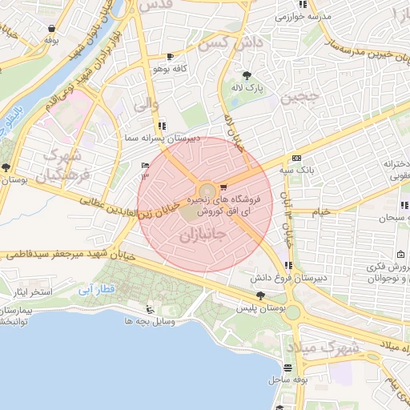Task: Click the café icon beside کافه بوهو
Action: click(170, 57)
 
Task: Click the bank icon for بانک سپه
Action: click(296, 158)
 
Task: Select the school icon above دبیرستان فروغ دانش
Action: click(287, 266)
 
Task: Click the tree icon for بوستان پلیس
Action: click(258, 296)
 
